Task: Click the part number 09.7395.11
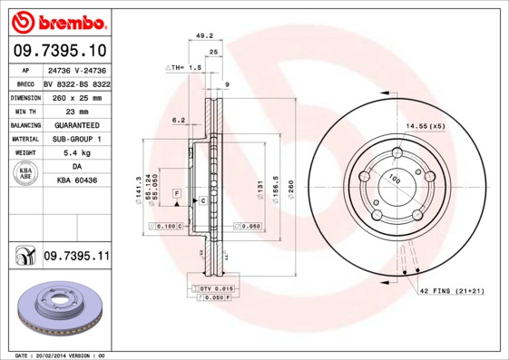[75, 258]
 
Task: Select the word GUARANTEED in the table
[76, 124]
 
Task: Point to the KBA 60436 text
[76, 181]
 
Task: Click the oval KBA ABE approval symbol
[25, 174]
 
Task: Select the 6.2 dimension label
[178, 119]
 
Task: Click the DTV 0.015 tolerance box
[210, 287]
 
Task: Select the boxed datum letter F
[177, 194]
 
